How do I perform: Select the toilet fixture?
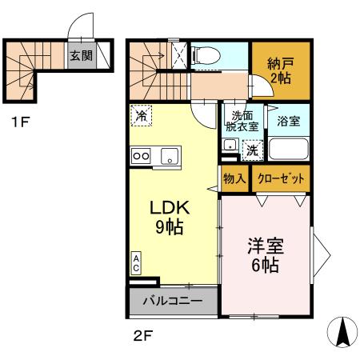tap(207, 56)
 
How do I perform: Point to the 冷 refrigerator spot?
tap(140, 116)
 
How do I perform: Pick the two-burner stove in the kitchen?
tap(142, 156)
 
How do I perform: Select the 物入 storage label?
tap(234, 178)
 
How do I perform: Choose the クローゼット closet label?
tap(280, 178)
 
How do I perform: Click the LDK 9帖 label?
tap(169, 217)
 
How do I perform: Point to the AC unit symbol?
tap(137, 263)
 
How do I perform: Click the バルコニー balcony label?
tap(172, 302)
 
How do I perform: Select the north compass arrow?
tap(342, 331)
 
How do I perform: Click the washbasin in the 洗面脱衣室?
tap(230, 146)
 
